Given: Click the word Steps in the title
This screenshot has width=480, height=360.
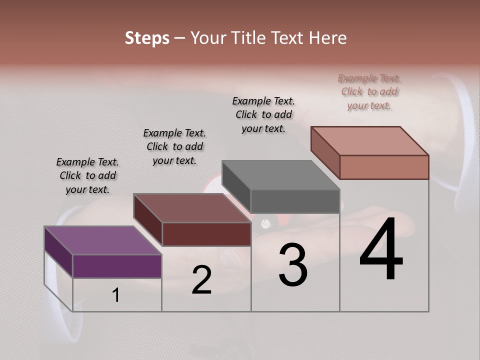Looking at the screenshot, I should click(147, 38).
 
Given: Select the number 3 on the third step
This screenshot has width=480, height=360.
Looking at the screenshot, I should click(293, 265).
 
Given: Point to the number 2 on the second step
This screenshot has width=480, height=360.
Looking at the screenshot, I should click(202, 280).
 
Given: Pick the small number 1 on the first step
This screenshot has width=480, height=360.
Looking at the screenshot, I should click(116, 295).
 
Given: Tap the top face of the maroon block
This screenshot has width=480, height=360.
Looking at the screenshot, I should click(192, 208).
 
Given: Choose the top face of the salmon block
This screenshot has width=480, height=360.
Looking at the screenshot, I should click(370, 141).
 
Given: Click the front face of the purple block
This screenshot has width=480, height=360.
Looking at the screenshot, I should click(117, 266).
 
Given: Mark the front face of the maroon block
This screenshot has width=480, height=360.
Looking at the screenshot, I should click(206, 234).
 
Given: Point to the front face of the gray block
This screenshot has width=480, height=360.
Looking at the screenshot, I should click(295, 201).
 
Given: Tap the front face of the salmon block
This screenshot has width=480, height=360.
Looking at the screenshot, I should click(384, 167).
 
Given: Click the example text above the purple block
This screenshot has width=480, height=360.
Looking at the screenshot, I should click(87, 175).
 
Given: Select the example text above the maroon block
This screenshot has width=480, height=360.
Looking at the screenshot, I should click(174, 146).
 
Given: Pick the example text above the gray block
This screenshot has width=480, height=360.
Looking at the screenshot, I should click(263, 114).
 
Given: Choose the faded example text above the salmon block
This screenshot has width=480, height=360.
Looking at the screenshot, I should click(369, 91).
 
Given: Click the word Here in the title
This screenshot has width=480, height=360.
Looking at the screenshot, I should click(328, 38).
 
